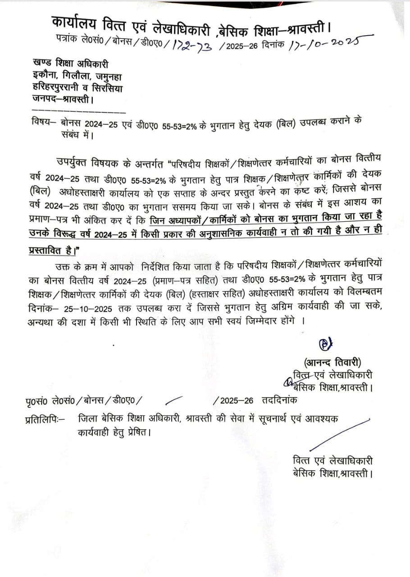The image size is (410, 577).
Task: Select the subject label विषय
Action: click(42, 122)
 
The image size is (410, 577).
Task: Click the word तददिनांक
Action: click(280, 400)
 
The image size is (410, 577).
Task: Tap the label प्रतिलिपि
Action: click(44, 420)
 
